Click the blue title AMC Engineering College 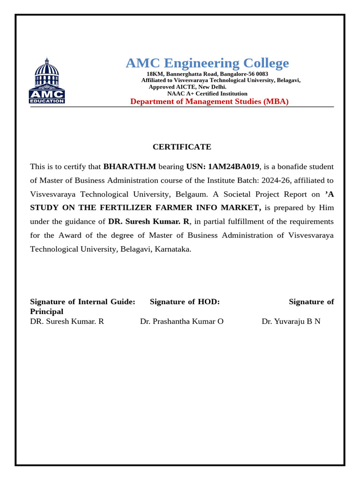pos(207,63)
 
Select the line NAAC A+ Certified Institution pos(207,93)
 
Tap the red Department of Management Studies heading pos(209,101)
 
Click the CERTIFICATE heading pos(182,147)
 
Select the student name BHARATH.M pos(129,166)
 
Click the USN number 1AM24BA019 pos(233,166)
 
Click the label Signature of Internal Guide pos(82,301)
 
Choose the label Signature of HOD pos(185,301)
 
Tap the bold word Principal pos(46,311)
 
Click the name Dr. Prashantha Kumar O pos(182,322)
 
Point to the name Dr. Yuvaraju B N pos(291,322)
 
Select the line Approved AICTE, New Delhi pos(187,87)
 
